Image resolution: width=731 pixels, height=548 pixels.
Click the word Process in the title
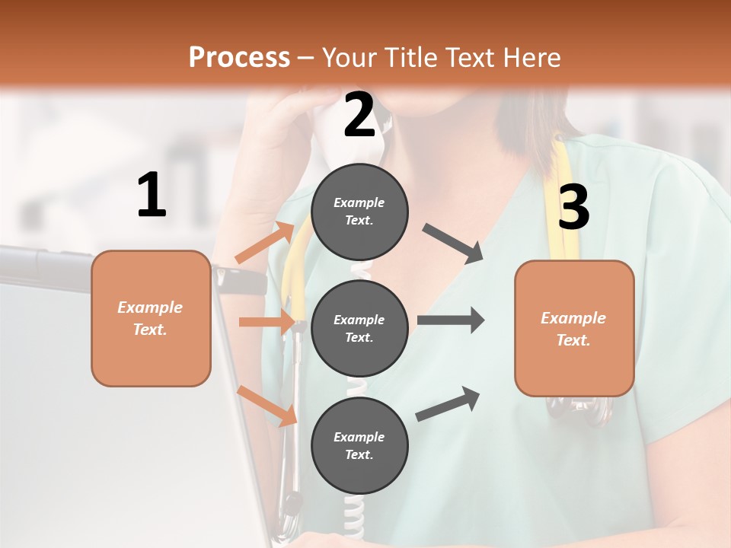point(239,57)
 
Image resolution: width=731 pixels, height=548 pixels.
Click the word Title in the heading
point(409,57)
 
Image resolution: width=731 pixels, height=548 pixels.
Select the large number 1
point(152,196)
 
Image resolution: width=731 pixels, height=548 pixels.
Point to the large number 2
point(359,116)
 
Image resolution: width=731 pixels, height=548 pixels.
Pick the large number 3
point(573,207)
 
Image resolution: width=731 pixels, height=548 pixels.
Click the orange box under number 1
point(151,319)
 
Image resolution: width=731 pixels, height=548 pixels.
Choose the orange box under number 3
point(574,329)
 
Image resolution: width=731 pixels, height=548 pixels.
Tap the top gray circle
point(359,212)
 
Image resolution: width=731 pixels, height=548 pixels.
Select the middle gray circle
point(359,329)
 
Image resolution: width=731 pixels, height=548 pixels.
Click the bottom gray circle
point(359,446)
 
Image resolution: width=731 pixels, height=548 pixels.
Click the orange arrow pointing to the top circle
point(265,244)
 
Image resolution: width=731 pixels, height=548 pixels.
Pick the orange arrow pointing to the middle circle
point(267,322)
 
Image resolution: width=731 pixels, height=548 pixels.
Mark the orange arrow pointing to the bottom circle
point(267,406)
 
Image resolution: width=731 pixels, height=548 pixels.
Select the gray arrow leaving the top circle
point(452,244)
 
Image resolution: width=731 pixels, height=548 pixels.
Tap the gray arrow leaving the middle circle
point(450,320)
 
